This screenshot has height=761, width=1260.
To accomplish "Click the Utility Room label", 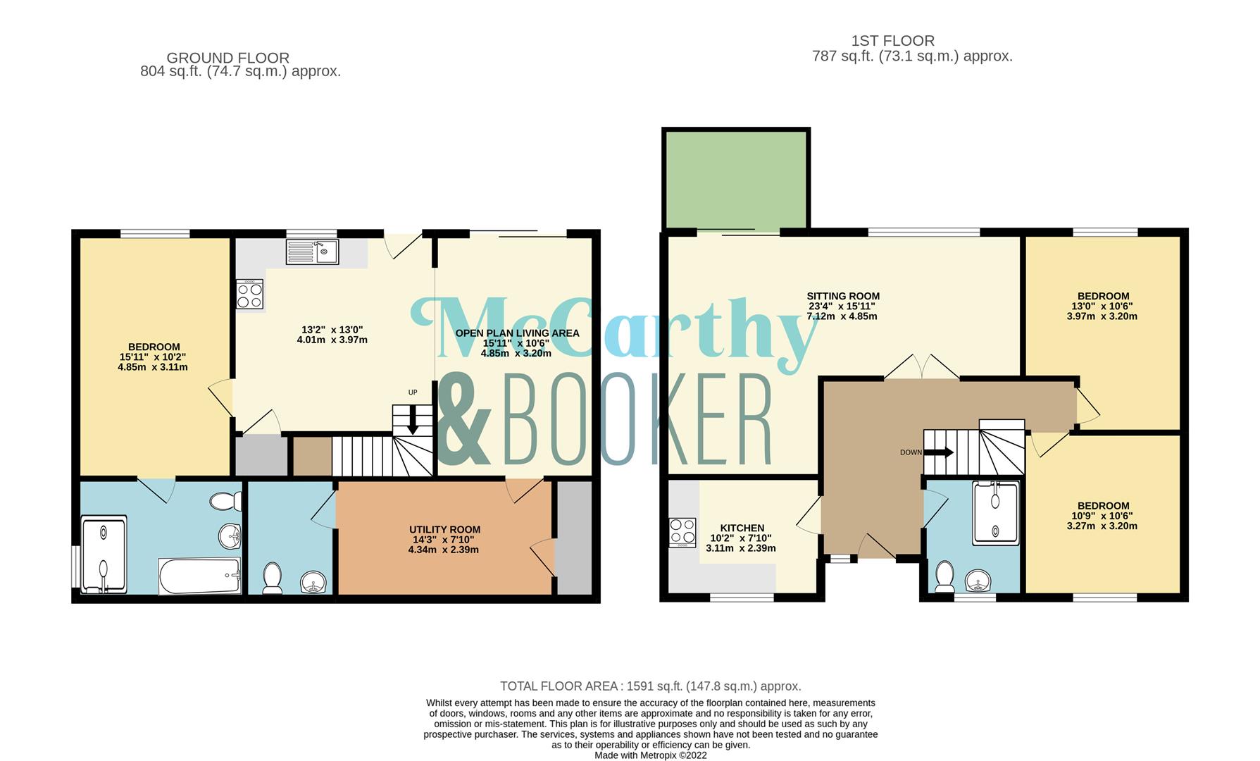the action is click(x=445, y=530).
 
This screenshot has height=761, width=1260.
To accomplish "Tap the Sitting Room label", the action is click(x=843, y=297).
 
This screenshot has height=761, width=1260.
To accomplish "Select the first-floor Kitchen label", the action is click(x=742, y=528).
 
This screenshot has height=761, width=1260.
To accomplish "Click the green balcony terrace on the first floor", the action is click(x=736, y=180).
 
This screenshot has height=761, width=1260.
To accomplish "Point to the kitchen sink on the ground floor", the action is click(x=313, y=252).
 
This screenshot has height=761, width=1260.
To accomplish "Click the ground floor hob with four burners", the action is click(x=250, y=294).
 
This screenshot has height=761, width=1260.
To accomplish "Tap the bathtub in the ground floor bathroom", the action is click(x=200, y=576).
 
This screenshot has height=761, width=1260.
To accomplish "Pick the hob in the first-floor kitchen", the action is click(x=682, y=533).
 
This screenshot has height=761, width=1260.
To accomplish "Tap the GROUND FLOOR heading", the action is click(x=228, y=58).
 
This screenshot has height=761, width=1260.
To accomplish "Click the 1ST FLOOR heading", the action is click(x=892, y=41).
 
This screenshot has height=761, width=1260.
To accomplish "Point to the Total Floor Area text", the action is click(x=651, y=686).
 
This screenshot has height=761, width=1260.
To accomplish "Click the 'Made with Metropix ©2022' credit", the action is click(x=651, y=755).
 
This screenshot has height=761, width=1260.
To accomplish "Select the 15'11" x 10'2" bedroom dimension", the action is click(x=153, y=357).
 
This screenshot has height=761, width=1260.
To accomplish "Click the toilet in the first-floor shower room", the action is click(x=944, y=577).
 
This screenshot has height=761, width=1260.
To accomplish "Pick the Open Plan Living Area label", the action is click(x=517, y=333).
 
